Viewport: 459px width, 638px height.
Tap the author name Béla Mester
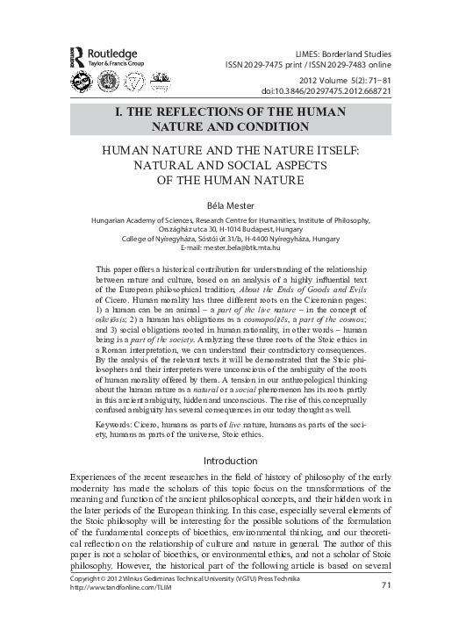click(x=229, y=205)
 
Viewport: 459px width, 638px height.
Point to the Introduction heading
click(x=229, y=460)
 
